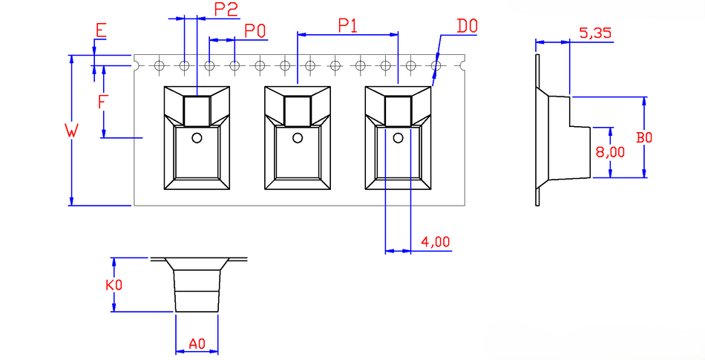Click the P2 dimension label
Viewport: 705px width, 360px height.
pyautogui.click(x=226, y=10)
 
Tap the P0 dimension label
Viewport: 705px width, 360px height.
pyautogui.click(x=255, y=31)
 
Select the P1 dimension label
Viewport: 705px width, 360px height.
pyautogui.click(x=348, y=26)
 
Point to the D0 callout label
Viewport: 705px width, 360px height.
pyautogui.click(x=467, y=27)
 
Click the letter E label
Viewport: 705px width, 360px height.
pyautogui.click(x=101, y=30)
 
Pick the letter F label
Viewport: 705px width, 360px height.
pyautogui.click(x=102, y=102)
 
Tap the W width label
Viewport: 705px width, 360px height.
pyautogui.click(x=71, y=131)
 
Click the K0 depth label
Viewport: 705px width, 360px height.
pyautogui.click(x=114, y=285)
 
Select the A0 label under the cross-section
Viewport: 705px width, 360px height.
pyautogui.click(x=197, y=344)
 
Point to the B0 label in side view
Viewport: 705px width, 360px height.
pyautogui.click(x=644, y=137)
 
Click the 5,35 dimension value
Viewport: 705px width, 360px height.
pyautogui.click(x=595, y=33)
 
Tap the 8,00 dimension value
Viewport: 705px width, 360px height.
pyautogui.click(x=610, y=152)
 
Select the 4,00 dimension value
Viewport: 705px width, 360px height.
pyautogui.click(x=435, y=242)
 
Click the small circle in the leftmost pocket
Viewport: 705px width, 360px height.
pyautogui.click(x=197, y=138)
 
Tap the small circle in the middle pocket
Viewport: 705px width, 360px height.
pyautogui.click(x=297, y=138)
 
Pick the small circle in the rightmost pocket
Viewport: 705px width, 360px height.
pyautogui.click(x=398, y=138)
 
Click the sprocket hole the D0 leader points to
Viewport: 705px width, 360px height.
pyautogui.click(x=436, y=65)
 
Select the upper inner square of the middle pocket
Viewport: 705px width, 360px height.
pyautogui.click(x=298, y=111)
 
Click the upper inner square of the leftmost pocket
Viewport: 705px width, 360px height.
pyautogui.click(x=197, y=111)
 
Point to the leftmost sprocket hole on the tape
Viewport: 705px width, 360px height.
pyautogui.click(x=159, y=65)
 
